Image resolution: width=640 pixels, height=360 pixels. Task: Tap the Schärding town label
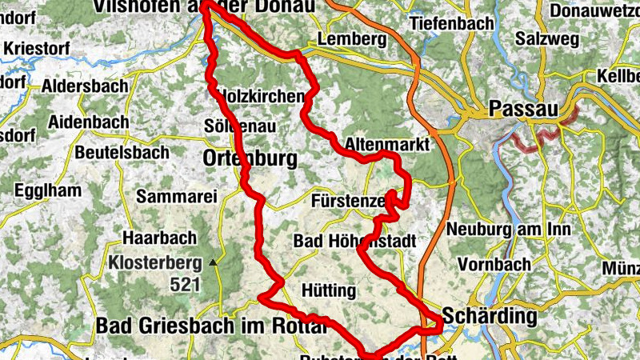coord(489,316)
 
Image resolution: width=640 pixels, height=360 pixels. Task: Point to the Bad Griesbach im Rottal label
coord(211,326)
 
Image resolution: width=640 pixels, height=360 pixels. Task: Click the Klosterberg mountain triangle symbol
coord(213,262)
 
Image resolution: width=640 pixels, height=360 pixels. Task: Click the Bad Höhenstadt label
coord(355,241)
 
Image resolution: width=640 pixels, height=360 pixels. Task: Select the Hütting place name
coord(328,290)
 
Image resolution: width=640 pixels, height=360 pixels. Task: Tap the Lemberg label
coord(346,38)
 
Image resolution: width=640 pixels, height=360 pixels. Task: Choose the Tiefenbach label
coord(452,23)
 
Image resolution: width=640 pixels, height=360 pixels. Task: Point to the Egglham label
coord(48,191)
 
